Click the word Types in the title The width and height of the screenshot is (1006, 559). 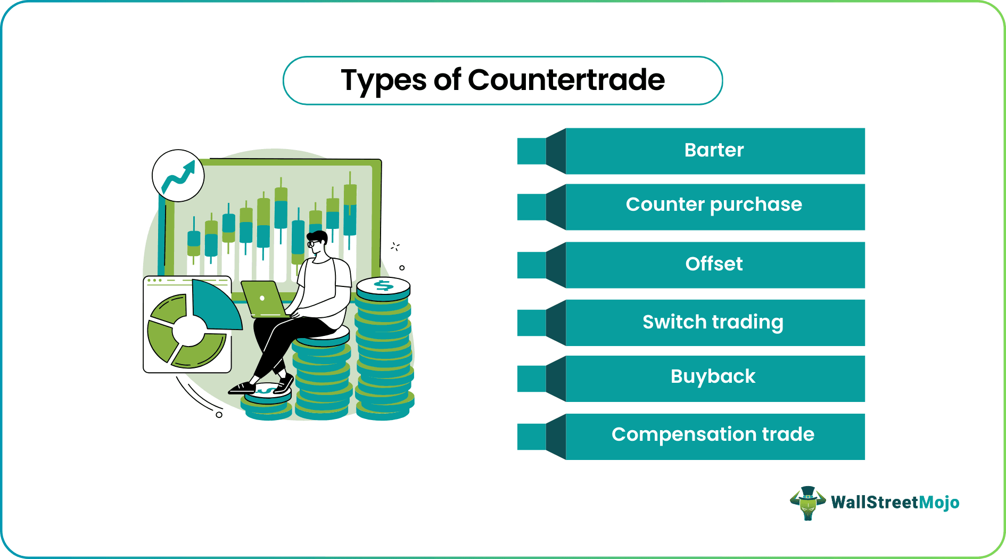[383, 81]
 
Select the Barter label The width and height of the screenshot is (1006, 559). [714, 150]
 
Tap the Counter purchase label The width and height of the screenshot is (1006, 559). [714, 205]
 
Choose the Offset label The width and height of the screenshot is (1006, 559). [714, 264]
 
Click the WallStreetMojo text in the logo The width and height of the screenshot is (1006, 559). [895, 502]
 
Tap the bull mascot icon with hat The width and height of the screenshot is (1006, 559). [807, 503]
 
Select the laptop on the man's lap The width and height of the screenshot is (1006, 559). [264, 299]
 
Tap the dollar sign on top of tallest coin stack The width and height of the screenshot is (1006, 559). [383, 286]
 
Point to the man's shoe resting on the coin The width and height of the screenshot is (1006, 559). [243, 389]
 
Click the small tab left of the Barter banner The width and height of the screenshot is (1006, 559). [532, 151]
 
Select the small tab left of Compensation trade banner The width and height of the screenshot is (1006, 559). [532, 437]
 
